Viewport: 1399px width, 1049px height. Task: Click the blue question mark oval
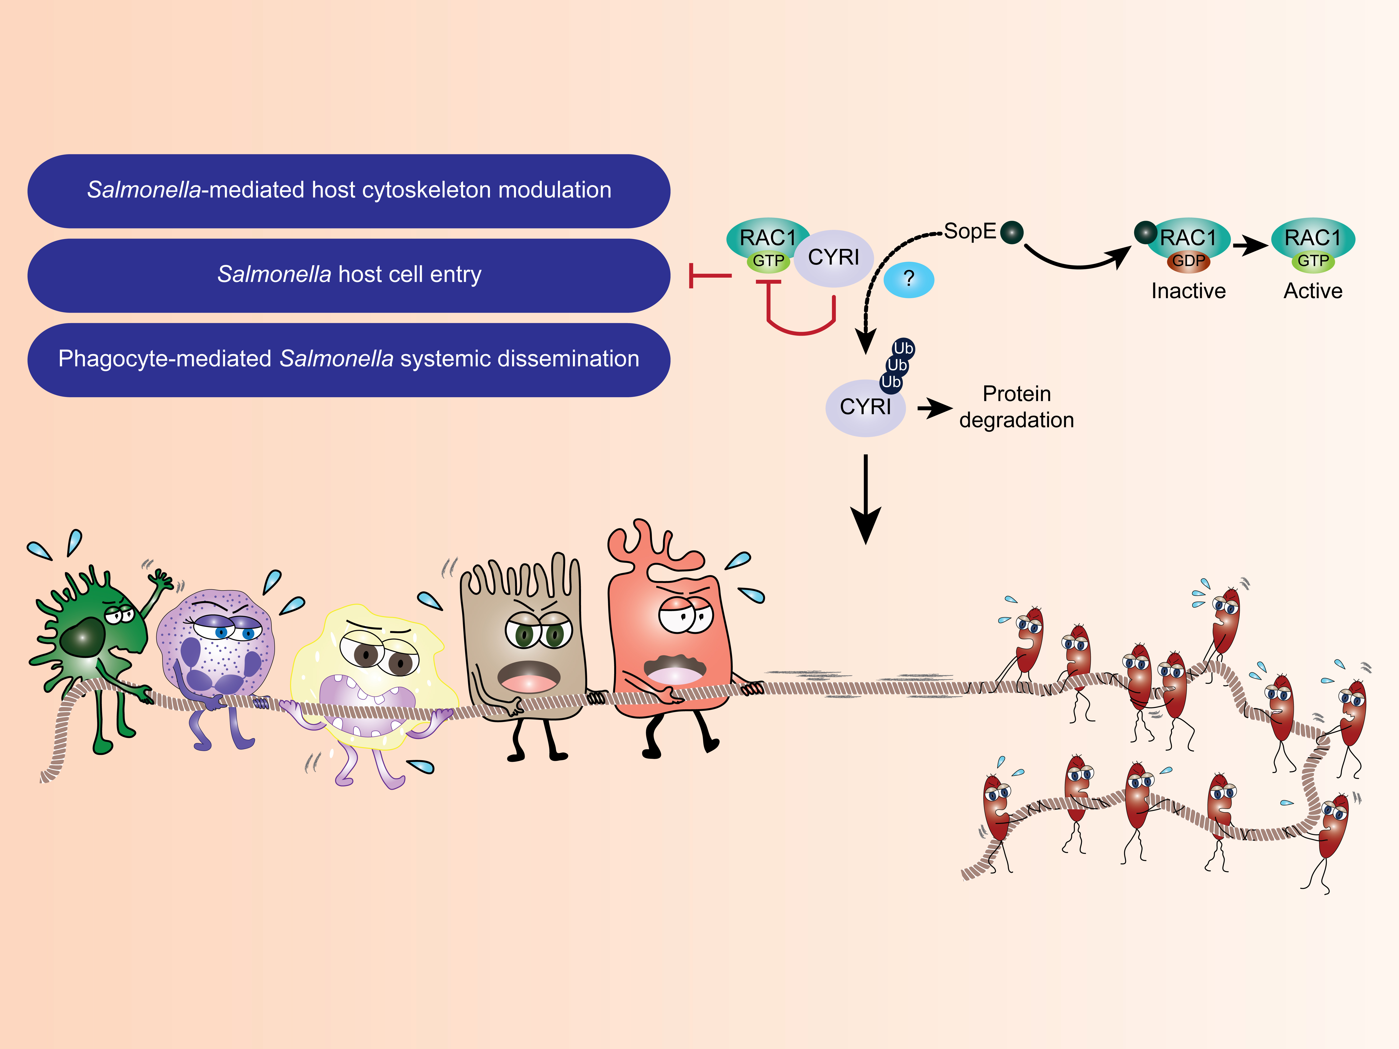click(x=908, y=280)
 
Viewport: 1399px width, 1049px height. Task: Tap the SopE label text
click(x=970, y=231)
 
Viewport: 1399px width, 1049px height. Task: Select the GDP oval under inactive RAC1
click(x=1188, y=261)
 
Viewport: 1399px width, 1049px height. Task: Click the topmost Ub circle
click(x=903, y=349)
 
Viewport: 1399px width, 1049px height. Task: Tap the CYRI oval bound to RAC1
click(x=834, y=257)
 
